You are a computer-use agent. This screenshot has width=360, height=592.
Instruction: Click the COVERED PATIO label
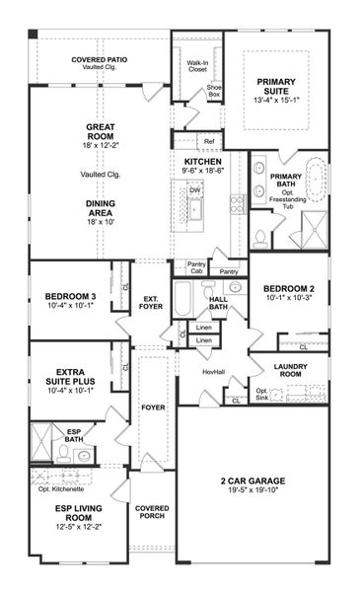[102, 60]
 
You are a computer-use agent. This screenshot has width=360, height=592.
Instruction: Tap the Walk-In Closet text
[195, 67]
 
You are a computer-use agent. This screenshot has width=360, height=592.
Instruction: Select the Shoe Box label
[214, 91]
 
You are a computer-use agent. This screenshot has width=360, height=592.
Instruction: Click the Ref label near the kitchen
[209, 141]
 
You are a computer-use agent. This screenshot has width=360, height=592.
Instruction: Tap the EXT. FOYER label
[151, 301]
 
